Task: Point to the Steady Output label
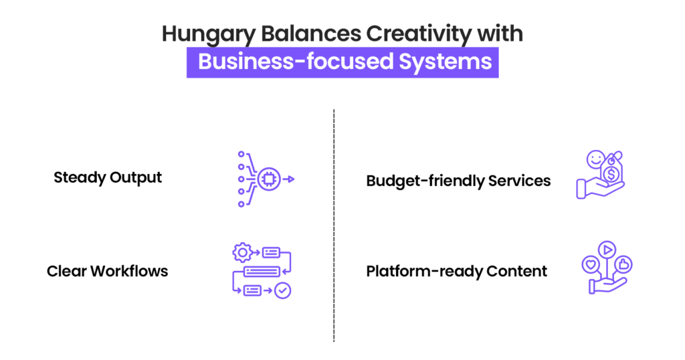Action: (x=108, y=177)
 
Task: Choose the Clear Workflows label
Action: (x=107, y=271)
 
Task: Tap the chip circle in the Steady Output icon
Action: (x=269, y=179)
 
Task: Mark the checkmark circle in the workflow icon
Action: (x=283, y=290)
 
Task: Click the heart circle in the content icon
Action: (x=591, y=265)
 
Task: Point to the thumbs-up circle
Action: (x=623, y=265)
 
